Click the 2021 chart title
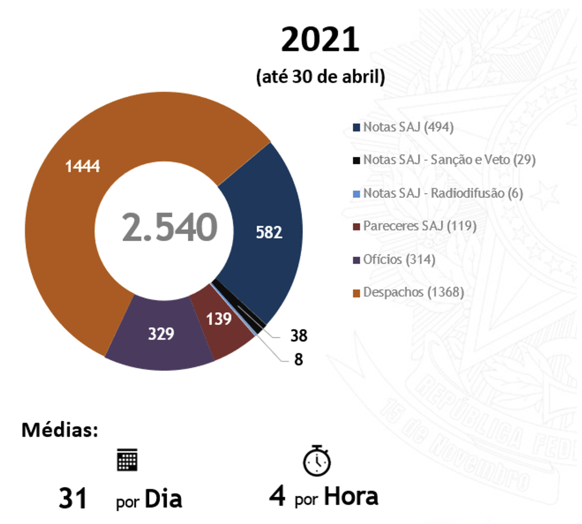(320, 40)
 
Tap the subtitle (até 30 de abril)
(321, 77)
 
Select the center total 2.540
(169, 227)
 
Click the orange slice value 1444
(83, 165)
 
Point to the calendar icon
(127, 459)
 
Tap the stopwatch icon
(317, 459)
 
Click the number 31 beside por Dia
(73, 498)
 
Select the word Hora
(351, 496)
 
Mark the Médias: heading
(60, 430)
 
